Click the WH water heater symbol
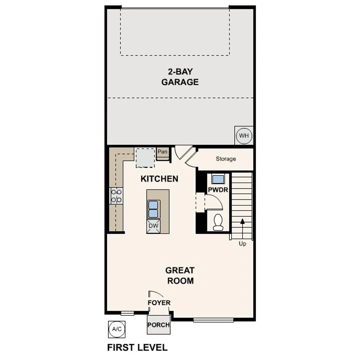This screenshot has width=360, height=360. (x=244, y=136)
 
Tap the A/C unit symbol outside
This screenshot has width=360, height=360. (x=116, y=329)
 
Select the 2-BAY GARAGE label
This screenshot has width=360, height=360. (x=180, y=77)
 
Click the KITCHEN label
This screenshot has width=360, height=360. (x=159, y=179)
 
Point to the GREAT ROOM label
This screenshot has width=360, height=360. (x=180, y=275)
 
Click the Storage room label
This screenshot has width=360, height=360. (x=226, y=159)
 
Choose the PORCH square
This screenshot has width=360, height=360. (x=158, y=324)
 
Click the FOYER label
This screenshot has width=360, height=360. (x=159, y=303)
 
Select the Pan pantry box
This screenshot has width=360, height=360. (x=162, y=152)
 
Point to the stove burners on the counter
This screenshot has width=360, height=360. (x=116, y=196)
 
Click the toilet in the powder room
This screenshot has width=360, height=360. (x=218, y=222)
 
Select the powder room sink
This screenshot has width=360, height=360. (x=218, y=179)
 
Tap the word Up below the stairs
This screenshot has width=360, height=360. (x=243, y=244)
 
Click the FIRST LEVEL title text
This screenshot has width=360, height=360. (x=137, y=348)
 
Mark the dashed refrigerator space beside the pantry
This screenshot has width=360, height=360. (x=145, y=158)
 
